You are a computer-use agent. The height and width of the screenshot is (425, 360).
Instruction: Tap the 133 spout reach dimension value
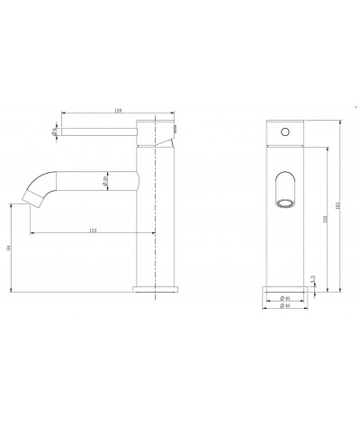(x=94, y=232)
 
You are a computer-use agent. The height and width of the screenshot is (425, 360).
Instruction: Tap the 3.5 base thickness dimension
(x=310, y=279)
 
